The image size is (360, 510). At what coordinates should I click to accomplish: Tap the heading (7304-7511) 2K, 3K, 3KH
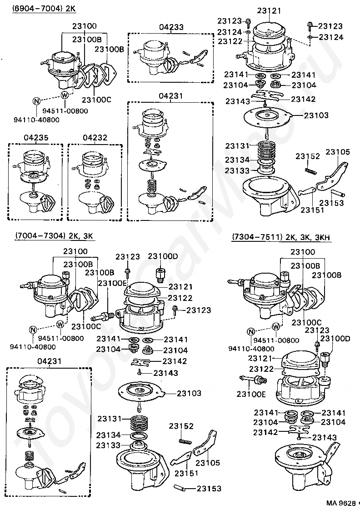coord(281,237)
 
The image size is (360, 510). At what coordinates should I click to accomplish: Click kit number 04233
coord(171,27)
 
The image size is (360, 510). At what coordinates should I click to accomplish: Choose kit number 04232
coord(95,137)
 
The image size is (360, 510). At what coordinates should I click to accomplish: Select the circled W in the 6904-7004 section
coord(65,95)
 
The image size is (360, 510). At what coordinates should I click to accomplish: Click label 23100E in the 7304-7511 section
coord(251,394)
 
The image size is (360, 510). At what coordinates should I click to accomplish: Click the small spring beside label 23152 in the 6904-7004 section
coord(309,170)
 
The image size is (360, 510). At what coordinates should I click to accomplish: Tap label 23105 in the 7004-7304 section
coord(208,463)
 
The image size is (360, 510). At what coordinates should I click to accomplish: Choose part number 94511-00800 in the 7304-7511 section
coord(276,340)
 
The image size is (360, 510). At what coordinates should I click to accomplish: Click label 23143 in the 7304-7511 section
coord(324,437)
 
